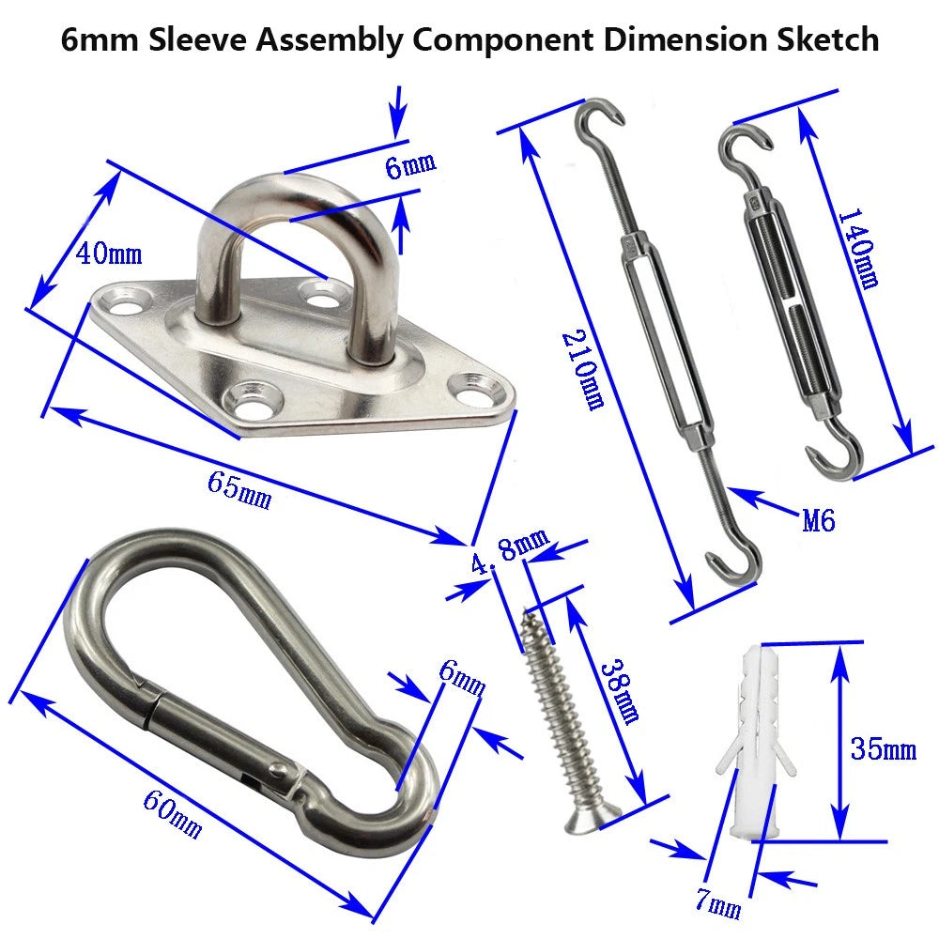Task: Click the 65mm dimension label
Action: coord(239,490)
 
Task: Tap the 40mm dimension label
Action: coord(109,254)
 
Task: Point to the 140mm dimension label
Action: coord(856,248)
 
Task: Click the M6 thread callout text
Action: coord(819,519)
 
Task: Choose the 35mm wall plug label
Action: coord(883,748)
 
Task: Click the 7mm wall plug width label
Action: coord(718,904)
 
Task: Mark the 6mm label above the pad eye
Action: coord(410,167)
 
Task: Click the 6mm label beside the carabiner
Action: coord(461,676)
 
